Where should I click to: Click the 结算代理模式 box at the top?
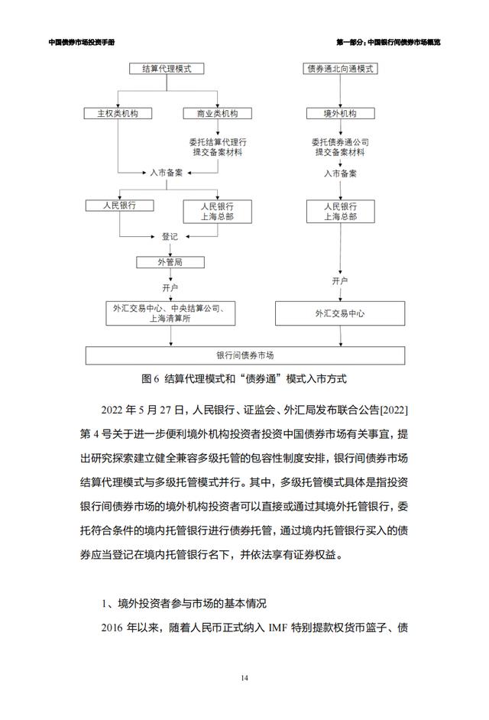tap(167, 69)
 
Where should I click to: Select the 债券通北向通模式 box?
tap(340, 69)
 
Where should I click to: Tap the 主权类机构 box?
tap(118, 113)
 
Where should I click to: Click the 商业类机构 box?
tap(218, 113)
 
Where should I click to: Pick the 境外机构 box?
tap(340, 113)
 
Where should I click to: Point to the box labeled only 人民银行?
tap(119, 206)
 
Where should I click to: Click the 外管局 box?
tap(170, 262)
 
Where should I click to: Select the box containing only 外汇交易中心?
tap(340, 313)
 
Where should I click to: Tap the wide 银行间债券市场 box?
tap(245, 355)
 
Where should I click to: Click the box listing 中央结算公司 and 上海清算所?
tap(170, 313)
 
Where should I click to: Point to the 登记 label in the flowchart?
tap(170, 236)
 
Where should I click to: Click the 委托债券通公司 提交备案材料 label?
tap(340, 147)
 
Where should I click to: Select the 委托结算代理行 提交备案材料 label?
tap(218, 147)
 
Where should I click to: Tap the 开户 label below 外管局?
tap(170, 287)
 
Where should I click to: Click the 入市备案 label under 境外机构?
tap(340, 174)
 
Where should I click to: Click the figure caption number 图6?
tap(151, 379)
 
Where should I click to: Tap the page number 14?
tap(244, 678)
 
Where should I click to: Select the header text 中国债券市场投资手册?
tap(82, 42)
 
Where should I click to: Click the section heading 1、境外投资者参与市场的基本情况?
tap(183, 603)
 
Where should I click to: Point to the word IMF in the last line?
tap(278, 628)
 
